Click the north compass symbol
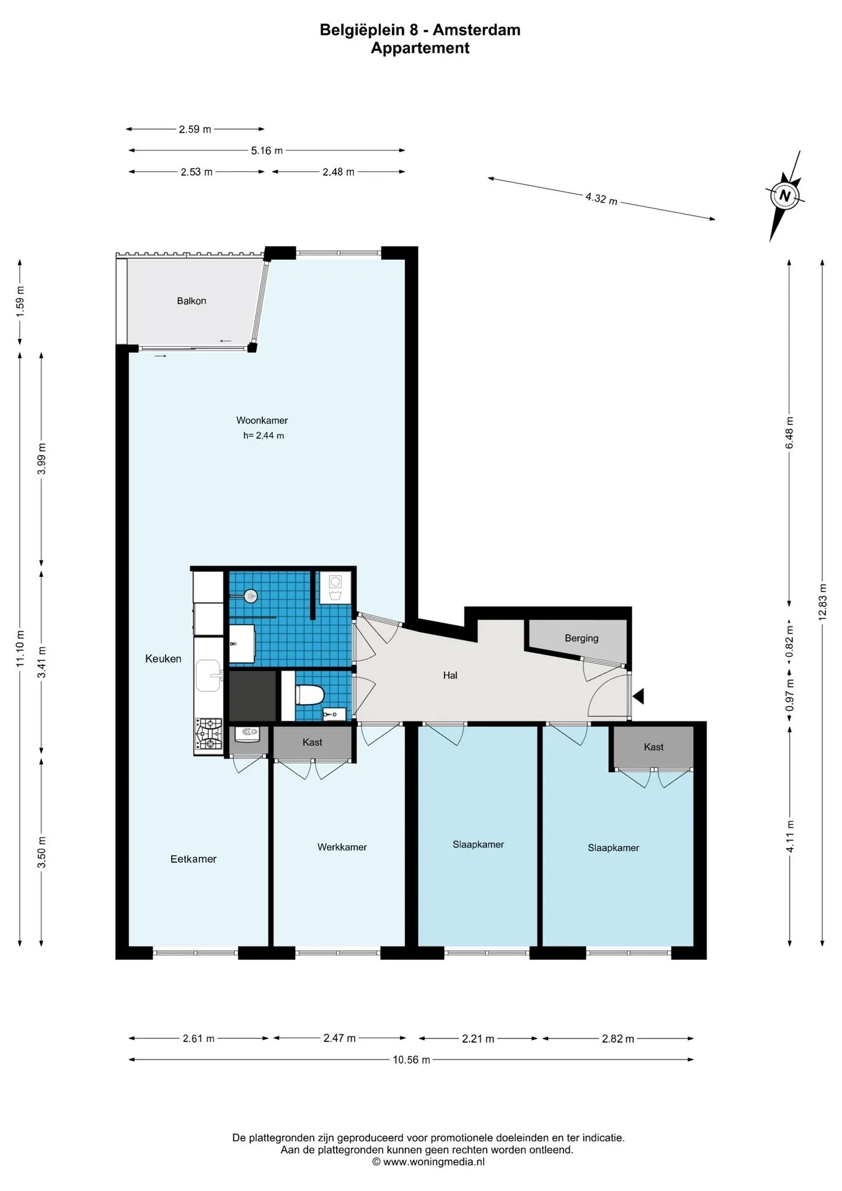[x=786, y=196]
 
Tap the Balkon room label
[x=192, y=301]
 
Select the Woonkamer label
[x=262, y=420]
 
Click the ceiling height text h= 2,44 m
[x=264, y=435]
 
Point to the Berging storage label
[x=582, y=638]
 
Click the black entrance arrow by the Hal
[x=638, y=696]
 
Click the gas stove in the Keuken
[x=210, y=735]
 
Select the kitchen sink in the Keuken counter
[x=210, y=676]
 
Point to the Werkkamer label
[x=342, y=847]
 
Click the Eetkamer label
[x=193, y=859]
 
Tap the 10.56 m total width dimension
[x=411, y=1059]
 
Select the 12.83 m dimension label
[x=822, y=602]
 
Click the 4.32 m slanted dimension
[x=601, y=198]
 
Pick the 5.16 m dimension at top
[x=267, y=150]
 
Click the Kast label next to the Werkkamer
[x=312, y=742]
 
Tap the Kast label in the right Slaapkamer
[x=654, y=747]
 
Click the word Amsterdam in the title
[x=476, y=30]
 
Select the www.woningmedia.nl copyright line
[x=428, y=1162]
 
